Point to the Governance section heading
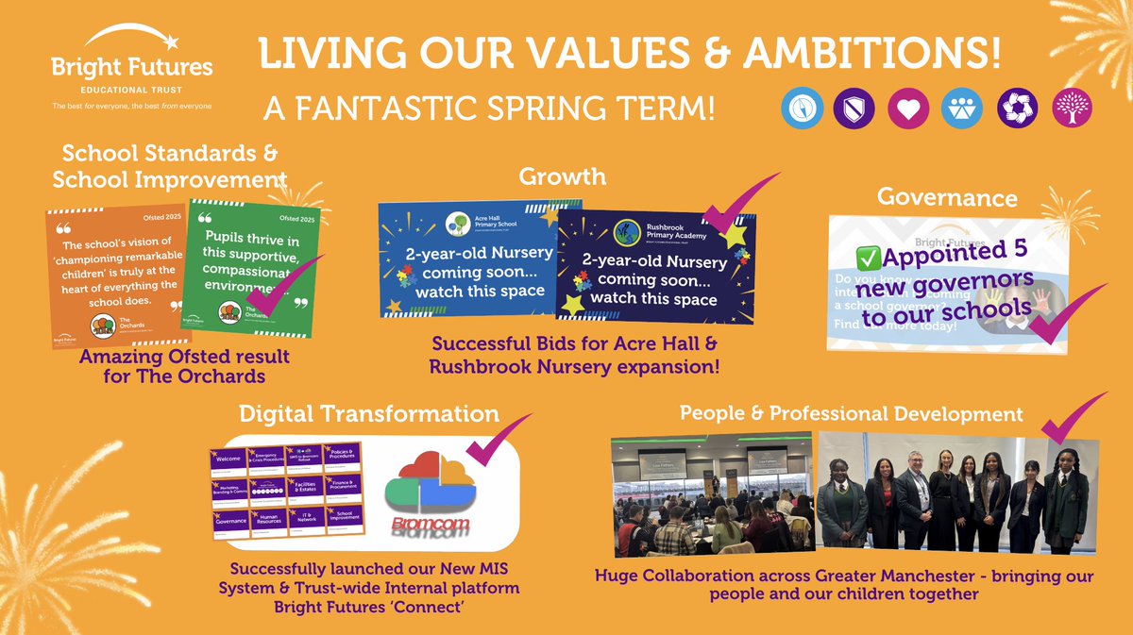pos(947,197)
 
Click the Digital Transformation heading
pos(369,413)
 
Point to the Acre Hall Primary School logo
pos(459,223)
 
